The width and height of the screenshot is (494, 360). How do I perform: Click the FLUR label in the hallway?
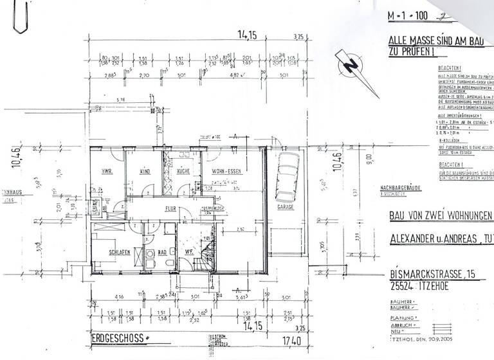coord(170,208)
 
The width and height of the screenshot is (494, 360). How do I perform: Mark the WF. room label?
coord(190,252)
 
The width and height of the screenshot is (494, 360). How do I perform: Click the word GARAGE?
coord(285,207)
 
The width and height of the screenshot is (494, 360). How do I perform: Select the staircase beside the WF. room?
coord(207,254)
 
